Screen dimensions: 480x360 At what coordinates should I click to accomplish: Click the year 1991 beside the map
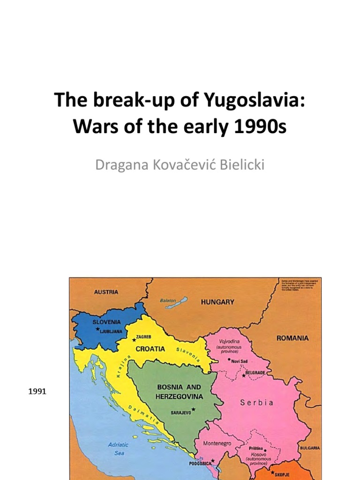[x=37, y=391]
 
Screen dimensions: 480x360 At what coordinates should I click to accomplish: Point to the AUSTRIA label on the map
[x=106, y=292]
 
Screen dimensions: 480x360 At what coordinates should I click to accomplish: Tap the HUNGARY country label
[x=217, y=302]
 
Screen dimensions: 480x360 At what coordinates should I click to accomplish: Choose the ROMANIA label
[x=292, y=338]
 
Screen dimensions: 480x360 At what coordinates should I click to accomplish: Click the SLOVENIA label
[x=106, y=322]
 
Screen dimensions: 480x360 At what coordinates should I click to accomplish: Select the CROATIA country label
[x=150, y=349]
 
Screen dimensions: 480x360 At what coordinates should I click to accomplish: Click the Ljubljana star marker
[x=97, y=329]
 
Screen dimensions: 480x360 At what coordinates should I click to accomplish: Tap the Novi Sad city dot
[x=229, y=360]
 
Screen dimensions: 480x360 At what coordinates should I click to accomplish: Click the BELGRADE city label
[x=256, y=373]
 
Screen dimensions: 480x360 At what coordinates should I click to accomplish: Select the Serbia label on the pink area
[x=257, y=402]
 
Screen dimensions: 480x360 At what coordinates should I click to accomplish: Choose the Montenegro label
[x=217, y=443]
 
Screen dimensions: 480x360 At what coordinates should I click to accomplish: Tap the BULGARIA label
[x=310, y=448]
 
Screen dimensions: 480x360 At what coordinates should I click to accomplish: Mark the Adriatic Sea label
[x=118, y=449]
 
